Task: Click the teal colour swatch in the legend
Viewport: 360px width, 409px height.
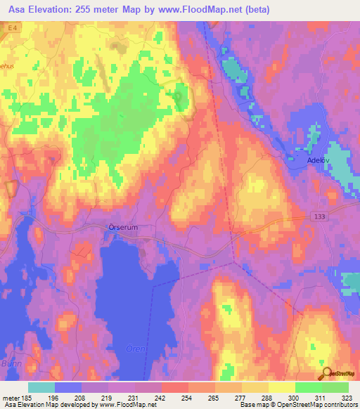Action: pos(41,387)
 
